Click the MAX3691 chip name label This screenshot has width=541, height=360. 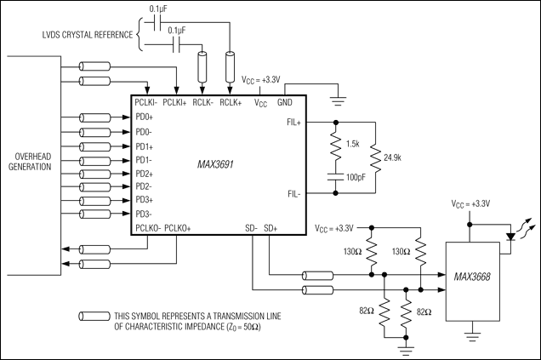[215, 164]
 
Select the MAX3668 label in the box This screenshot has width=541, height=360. [472, 277]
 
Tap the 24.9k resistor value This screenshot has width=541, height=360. [392, 157]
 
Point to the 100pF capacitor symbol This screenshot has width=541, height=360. [336, 177]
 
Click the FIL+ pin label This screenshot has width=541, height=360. [293, 123]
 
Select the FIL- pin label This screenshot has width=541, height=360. [294, 194]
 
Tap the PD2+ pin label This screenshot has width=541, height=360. [145, 174]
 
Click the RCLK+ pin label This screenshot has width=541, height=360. [231, 102]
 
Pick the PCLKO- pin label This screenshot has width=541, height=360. [148, 228]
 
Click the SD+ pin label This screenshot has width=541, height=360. [270, 228]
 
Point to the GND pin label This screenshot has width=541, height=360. [285, 102]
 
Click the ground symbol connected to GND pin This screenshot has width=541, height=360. [339, 100]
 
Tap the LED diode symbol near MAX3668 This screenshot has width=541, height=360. [510, 237]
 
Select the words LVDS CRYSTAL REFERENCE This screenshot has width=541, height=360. [88, 35]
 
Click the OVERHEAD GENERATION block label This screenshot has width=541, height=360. [30, 162]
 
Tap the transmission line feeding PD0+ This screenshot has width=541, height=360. [95, 117]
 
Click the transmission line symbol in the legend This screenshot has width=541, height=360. [94, 316]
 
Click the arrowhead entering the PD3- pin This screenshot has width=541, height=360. [127, 214]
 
